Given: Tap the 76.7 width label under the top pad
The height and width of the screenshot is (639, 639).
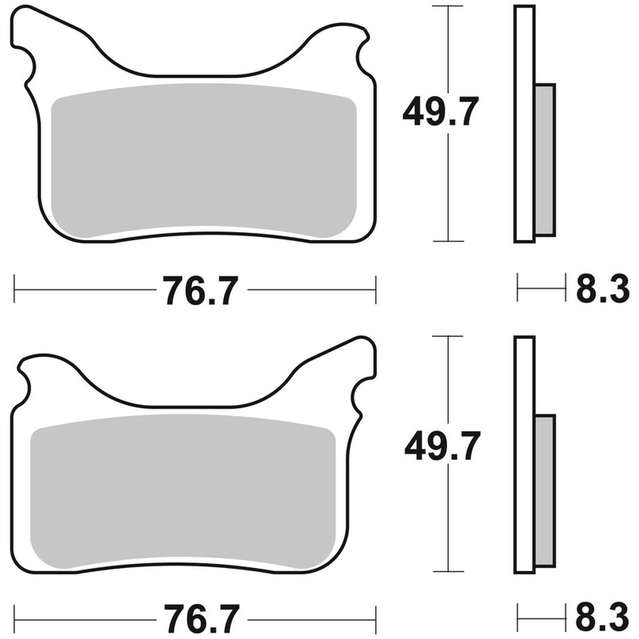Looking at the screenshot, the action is (200, 291).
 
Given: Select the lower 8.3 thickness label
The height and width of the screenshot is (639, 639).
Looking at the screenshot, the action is (602, 617).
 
